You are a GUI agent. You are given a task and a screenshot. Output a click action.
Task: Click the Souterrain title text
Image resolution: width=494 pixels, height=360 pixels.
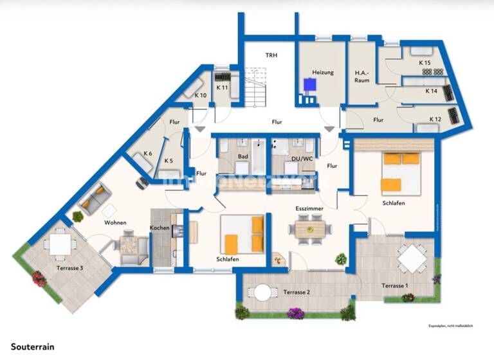(33, 346)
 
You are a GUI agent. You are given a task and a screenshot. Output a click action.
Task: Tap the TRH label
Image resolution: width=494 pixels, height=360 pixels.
(271, 55)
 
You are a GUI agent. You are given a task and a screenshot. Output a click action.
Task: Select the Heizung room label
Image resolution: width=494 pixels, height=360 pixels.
(323, 73)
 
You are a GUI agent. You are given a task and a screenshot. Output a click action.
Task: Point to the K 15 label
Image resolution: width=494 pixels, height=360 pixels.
(424, 63)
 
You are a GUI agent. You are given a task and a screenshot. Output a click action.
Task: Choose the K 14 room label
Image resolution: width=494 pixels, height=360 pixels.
(432, 91)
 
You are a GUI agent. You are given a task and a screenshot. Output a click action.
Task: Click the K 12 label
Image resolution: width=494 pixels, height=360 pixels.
(435, 119)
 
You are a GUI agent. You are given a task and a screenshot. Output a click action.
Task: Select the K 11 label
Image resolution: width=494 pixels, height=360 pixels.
(222, 87)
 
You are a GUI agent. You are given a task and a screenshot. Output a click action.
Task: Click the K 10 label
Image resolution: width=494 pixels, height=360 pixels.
(201, 96)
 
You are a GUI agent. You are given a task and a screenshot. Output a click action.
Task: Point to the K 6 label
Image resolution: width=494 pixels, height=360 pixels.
(147, 154)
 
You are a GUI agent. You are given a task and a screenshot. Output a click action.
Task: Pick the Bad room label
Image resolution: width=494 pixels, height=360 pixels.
(242, 156)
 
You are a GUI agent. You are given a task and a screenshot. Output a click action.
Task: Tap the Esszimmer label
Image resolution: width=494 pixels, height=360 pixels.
(309, 209)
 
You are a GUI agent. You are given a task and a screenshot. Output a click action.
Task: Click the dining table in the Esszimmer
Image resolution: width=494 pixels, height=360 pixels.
(309, 228)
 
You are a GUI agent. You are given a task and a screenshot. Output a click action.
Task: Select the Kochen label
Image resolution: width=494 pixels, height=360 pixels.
(160, 228)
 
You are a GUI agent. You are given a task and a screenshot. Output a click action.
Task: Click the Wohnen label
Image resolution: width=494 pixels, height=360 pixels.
(116, 222)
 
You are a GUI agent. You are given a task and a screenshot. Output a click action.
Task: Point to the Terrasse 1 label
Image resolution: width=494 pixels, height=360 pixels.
(395, 285)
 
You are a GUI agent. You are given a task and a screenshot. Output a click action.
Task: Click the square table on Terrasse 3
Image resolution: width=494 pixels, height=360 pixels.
(60, 244)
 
